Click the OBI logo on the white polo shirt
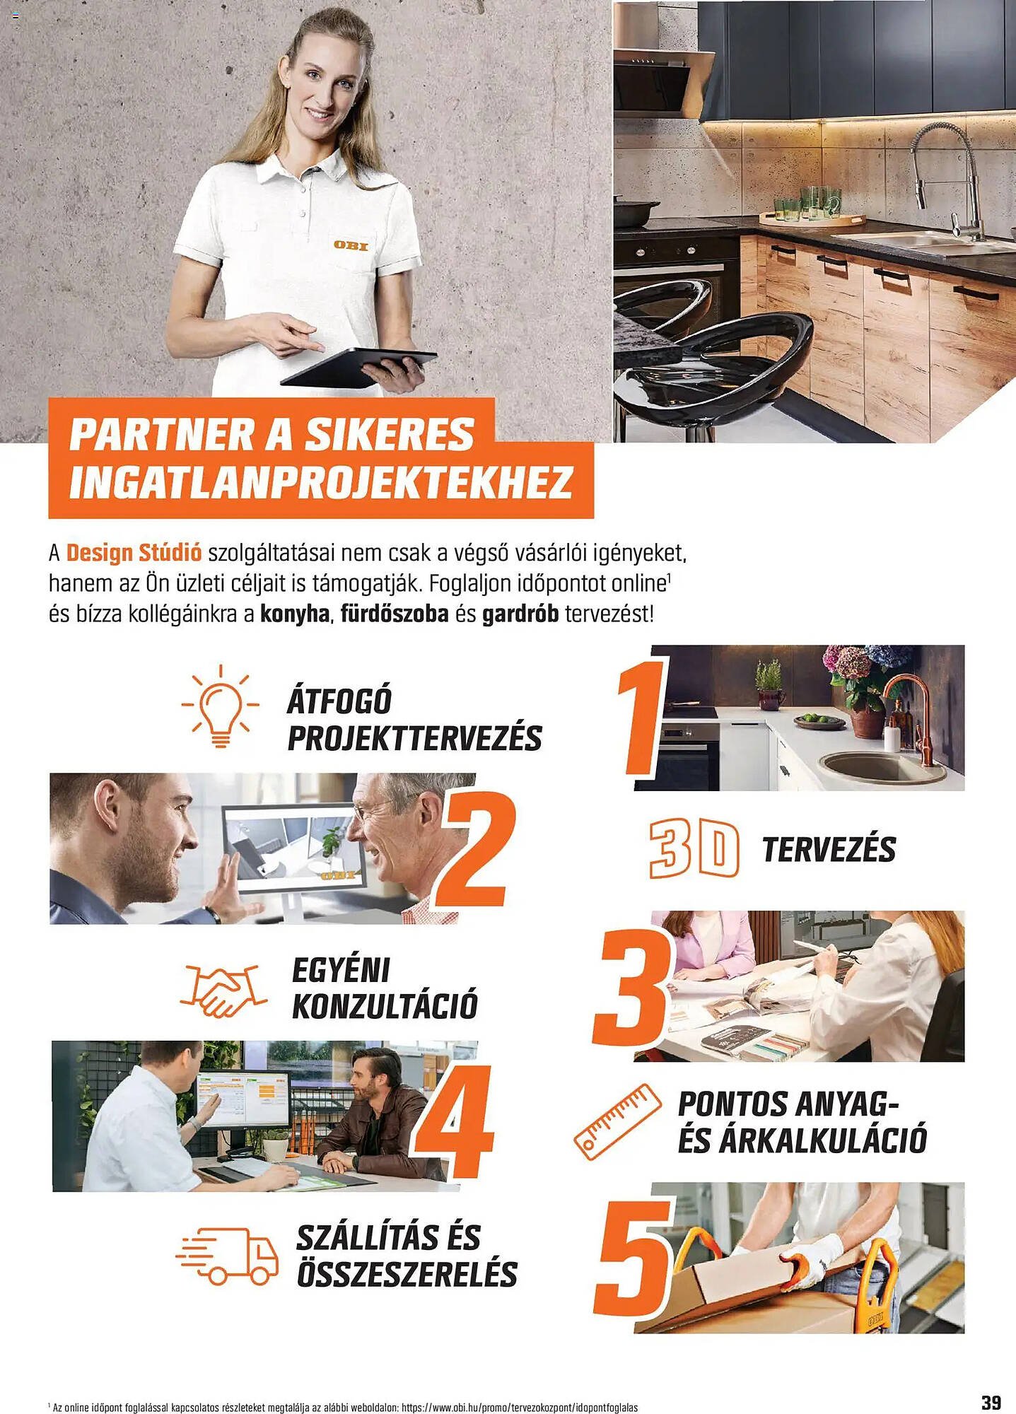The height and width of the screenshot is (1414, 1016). click(351, 245)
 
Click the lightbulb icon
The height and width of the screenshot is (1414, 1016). click(220, 706)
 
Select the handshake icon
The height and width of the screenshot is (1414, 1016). click(223, 989)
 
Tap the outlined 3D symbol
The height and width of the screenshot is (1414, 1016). click(694, 848)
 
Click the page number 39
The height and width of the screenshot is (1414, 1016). click(991, 1401)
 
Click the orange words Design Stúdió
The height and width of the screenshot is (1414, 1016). click(134, 552)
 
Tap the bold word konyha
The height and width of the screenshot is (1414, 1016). click(295, 614)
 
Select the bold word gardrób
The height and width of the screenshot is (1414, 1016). click(520, 614)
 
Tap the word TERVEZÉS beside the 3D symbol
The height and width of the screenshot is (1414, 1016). click(829, 849)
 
